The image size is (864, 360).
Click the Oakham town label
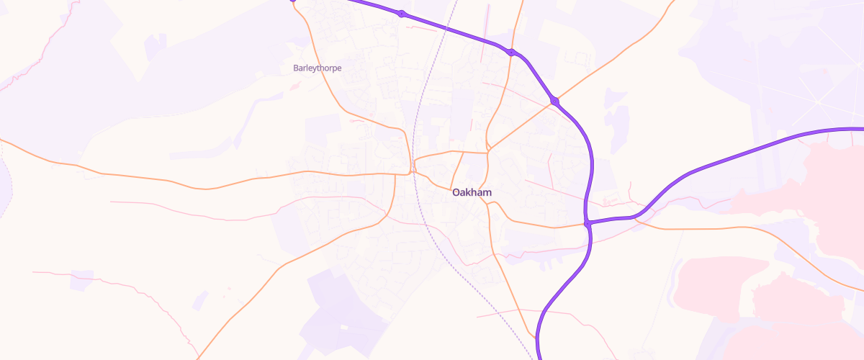(472, 193)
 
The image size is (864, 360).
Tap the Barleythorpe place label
(317, 68)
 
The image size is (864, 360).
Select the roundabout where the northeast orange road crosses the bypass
(554, 101)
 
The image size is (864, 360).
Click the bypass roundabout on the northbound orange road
(510, 52)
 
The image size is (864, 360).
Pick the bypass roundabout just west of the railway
(402, 14)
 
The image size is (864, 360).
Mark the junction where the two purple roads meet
(588, 223)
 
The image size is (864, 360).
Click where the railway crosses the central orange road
(414, 172)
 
